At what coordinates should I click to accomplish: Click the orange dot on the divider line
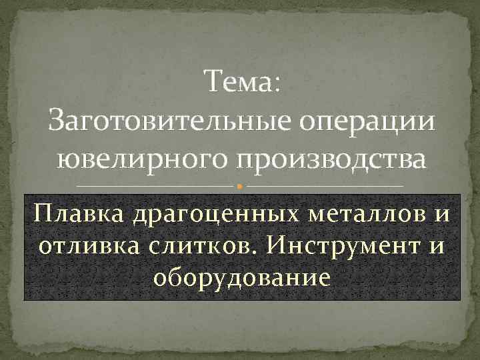(240, 185)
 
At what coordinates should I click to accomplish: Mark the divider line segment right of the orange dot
(323, 185)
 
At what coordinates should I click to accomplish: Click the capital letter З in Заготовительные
(59, 123)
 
